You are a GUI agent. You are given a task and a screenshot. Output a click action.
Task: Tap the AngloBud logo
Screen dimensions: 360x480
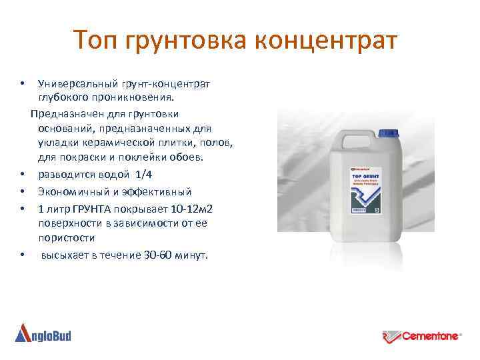[x=43, y=333]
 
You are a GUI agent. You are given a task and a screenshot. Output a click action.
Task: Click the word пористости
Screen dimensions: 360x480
[x=66, y=238]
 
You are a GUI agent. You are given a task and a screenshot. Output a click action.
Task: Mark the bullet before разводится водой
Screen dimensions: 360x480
[x=23, y=175]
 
